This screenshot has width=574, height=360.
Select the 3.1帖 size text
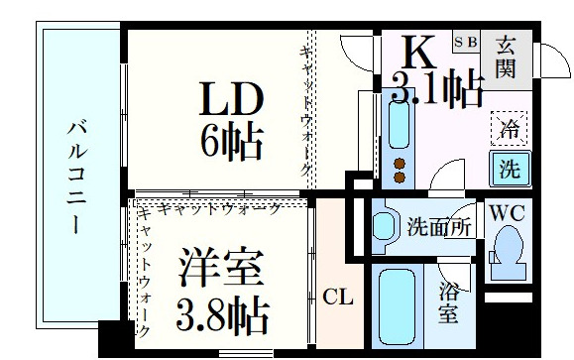point(436,90)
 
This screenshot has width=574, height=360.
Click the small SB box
point(465,42)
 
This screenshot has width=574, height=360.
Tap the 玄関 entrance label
point(507,57)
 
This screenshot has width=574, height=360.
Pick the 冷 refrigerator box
point(509,127)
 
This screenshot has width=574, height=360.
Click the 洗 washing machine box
point(509,167)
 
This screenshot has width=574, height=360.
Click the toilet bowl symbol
point(509,244)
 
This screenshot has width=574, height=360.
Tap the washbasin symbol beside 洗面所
point(385,224)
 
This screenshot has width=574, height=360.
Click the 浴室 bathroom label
point(449,302)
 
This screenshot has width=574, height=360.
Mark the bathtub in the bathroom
point(396,305)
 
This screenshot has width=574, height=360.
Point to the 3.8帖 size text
point(221,314)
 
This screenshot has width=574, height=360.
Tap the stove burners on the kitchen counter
point(401,170)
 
